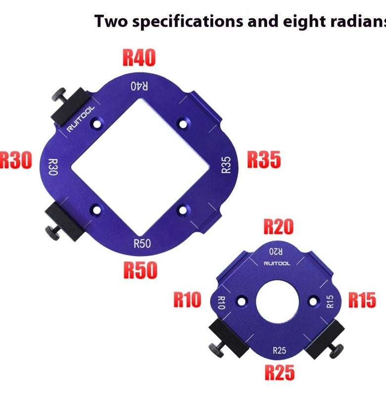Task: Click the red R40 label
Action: point(139,57)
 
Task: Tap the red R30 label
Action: point(16,160)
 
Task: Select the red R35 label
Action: point(264,160)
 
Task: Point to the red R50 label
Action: point(140,270)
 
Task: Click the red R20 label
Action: point(279,227)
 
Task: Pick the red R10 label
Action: point(187,300)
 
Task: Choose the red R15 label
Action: point(362,300)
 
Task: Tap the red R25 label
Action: point(280,372)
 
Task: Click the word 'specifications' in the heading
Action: point(188,22)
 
